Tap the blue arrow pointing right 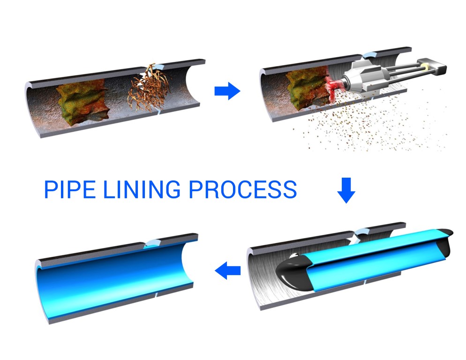(x=227, y=91)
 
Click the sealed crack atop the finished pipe (x=153, y=242)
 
